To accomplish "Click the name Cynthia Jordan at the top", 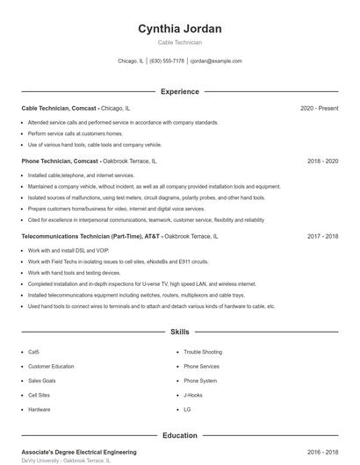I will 180,29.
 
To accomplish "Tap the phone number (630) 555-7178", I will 167,61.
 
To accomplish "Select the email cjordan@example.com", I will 216,61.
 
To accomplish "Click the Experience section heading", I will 180,91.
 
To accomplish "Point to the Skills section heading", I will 180,333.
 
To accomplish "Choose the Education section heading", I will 180,435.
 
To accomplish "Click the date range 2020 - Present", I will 319,108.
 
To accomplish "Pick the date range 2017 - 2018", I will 323,237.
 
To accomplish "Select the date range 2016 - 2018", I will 323,452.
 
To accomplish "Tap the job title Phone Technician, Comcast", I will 60,162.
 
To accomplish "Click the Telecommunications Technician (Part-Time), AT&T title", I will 91,237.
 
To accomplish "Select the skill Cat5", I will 33,352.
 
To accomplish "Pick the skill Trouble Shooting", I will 203,352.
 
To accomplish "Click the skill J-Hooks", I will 193,396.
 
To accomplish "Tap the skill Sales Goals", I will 41,381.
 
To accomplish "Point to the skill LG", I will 187,410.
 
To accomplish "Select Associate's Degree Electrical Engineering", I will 79,452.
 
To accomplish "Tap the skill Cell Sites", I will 40,396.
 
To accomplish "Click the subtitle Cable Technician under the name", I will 180,42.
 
